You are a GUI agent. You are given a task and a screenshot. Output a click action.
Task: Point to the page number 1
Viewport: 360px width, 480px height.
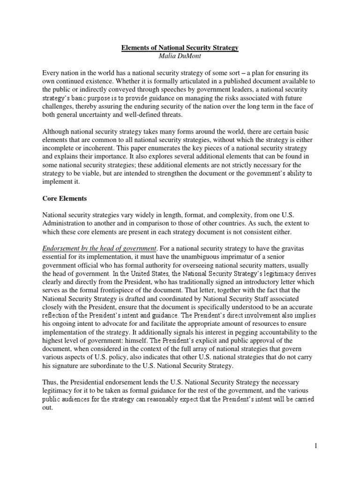click(316, 446)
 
